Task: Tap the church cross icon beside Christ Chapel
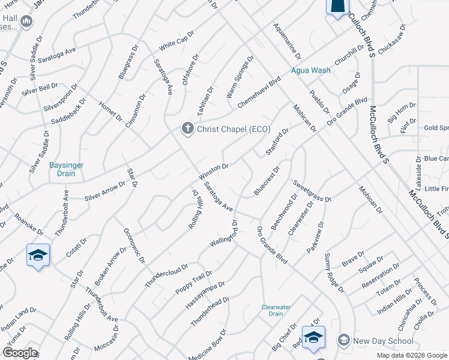point(188,128)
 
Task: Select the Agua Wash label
point(310,70)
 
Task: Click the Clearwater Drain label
point(276,310)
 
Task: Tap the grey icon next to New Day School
point(343,341)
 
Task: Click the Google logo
point(20,353)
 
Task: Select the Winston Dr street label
point(214,172)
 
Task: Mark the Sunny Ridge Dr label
point(334,273)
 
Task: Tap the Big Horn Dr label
point(401,112)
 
